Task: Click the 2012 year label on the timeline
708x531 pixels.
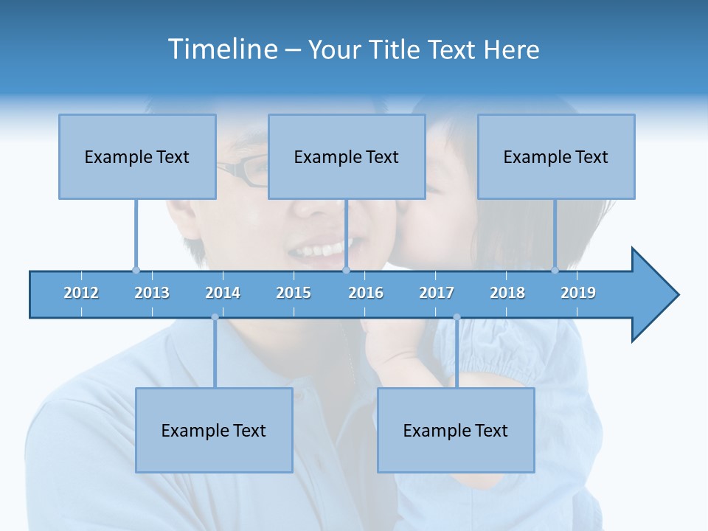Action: click(x=81, y=293)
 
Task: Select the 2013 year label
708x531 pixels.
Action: click(x=152, y=293)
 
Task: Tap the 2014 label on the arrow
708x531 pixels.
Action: click(x=223, y=293)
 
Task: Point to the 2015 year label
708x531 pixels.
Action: click(x=294, y=293)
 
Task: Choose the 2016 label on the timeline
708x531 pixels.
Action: click(x=366, y=293)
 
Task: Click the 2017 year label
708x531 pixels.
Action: click(x=437, y=293)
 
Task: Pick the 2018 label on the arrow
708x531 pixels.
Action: click(x=507, y=293)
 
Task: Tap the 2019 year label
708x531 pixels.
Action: click(x=578, y=293)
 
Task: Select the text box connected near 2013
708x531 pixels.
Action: click(x=137, y=156)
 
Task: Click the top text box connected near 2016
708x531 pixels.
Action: click(x=347, y=156)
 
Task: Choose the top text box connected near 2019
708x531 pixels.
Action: click(x=556, y=156)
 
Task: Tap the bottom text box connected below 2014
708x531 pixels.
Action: click(x=214, y=430)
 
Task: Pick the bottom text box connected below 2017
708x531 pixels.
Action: click(x=456, y=430)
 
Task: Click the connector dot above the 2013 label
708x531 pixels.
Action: click(x=136, y=270)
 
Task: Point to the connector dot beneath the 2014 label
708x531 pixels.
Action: click(x=215, y=317)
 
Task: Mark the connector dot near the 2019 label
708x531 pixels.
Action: click(x=555, y=270)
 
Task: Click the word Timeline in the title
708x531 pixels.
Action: click(x=221, y=49)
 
